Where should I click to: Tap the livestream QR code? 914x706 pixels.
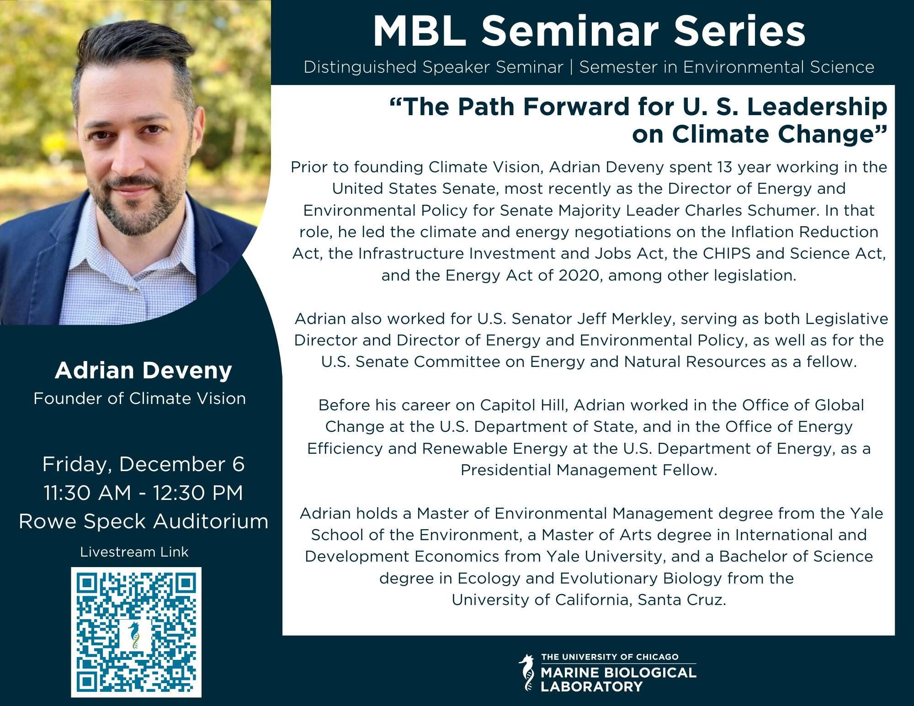pos(136,632)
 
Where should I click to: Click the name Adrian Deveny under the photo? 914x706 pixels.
pos(143,371)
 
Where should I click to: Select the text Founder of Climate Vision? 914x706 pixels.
pos(140,398)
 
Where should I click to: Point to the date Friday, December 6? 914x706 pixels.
pos(143,464)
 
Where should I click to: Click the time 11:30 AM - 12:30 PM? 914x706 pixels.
pos(143,493)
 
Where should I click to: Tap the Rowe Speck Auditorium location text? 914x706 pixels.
pos(143,521)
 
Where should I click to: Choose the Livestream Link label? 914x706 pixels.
pos(134,552)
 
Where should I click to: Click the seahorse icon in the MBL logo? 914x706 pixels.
pos(527,672)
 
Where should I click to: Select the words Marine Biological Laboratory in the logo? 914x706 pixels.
pos(618,679)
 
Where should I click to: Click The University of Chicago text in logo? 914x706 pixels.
pos(610,657)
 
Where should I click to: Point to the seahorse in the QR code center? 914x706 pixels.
pos(134,636)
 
